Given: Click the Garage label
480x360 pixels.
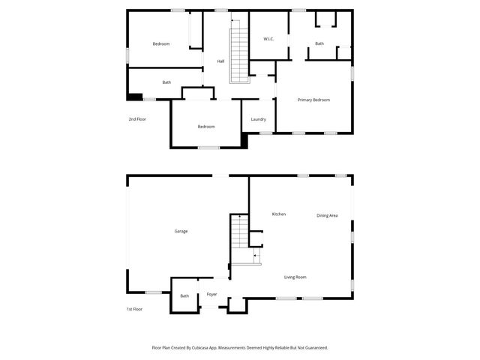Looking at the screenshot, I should point(181,231).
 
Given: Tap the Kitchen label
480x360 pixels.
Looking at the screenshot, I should point(278,214).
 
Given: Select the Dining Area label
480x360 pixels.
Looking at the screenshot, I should point(327,215).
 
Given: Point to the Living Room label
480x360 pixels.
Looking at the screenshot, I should point(295,277).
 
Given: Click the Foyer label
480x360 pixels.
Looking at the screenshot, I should point(212,294).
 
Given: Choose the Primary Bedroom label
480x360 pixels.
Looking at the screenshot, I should point(313,100).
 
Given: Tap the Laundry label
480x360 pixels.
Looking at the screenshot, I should point(259,119).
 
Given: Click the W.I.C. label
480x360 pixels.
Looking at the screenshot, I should point(269,38).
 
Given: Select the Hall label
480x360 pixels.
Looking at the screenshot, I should point(220,61).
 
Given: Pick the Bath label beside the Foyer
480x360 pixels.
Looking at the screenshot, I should point(184,296).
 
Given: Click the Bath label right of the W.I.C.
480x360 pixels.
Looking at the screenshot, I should point(319,43).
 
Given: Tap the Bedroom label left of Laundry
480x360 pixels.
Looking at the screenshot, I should point(206,126).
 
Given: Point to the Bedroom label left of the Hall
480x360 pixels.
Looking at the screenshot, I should point(161,43).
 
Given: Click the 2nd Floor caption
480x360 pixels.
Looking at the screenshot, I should point(137,119).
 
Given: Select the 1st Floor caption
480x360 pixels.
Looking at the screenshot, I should point(134,309).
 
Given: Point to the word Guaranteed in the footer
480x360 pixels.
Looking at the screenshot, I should point(315,347).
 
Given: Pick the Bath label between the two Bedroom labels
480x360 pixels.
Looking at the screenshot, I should point(166,82).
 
